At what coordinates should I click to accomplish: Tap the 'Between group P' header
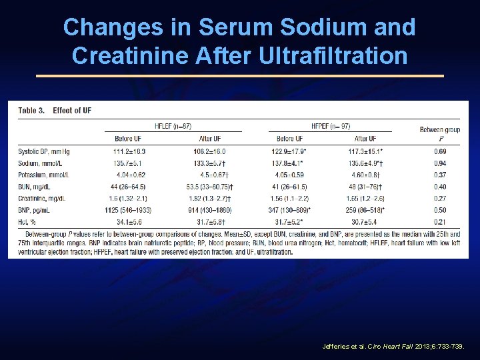[439, 133]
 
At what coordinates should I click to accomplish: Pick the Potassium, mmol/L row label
[45, 175]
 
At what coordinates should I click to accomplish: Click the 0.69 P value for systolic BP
[439, 151]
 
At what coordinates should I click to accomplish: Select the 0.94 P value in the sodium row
[439, 163]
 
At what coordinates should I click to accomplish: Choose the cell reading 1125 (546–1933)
[129, 209]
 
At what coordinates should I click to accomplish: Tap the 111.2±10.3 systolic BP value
[129, 151]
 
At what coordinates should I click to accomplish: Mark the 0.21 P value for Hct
[439, 221]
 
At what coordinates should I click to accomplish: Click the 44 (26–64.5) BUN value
[129, 187]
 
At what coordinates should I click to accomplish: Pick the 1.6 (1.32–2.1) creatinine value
[129, 198]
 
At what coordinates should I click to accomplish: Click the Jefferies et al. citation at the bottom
[398, 347]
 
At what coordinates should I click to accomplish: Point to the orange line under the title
[239, 76]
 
